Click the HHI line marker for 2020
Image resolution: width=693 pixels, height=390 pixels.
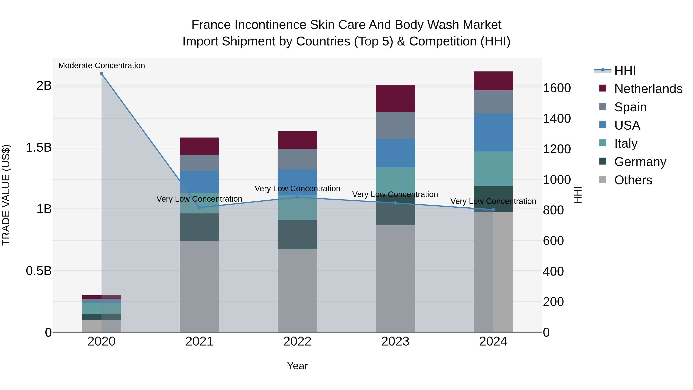pyautogui.click(x=101, y=74)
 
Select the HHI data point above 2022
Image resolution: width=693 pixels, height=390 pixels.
pyautogui.click(x=297, y=197)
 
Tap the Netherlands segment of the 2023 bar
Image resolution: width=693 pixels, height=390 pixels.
pyautogui.click(x=395, y=98)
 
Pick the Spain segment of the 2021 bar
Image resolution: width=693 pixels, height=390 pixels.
pyautogui.click(x=199, y=163)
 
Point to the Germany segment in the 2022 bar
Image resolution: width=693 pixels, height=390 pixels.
pyautogui.click(x=297, y=235)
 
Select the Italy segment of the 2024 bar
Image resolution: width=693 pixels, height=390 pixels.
pyautogui.click(x=493, y=169)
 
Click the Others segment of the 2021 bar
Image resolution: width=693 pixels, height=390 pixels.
pyautogui.click(x=199, y=286)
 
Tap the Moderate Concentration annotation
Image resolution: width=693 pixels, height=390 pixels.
pyautogui.click(x=101, y=65)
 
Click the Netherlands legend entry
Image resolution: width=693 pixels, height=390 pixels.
pyautogui.click(x=648, y=89)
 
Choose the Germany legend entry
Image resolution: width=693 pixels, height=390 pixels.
pyautogui.click(x=640, y=162)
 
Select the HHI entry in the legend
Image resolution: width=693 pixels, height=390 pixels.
pyautogui.click(x=625, y=70)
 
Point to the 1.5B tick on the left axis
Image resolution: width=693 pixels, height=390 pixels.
pyautogui.click(x=38, y=148)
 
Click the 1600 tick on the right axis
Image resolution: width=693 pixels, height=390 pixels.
pyautogui.click(x=557, y=88)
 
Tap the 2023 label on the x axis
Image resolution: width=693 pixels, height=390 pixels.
pyautogui.click(x=395, y=341)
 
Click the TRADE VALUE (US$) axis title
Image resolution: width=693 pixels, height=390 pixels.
pyautogui.click(x=6, y=195)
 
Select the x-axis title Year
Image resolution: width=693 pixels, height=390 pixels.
pyautogui.click(x=297, y=366)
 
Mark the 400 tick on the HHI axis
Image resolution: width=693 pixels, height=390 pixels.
pyautogui.click(x=553, y=271)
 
